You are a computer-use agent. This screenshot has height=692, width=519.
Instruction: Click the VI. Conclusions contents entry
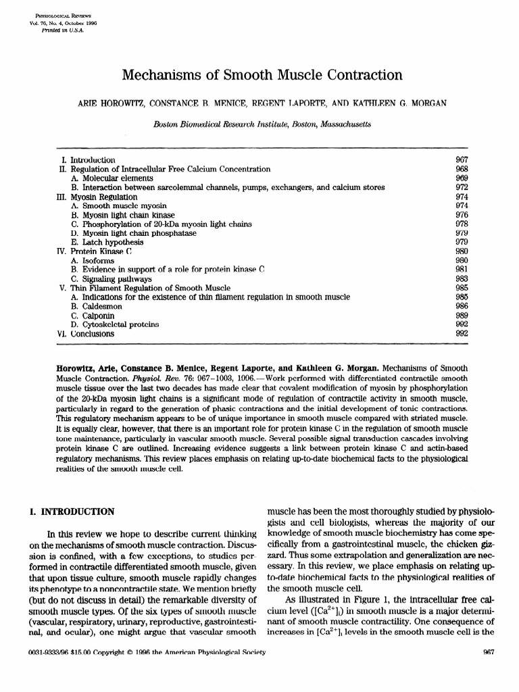click(x=85, y=334)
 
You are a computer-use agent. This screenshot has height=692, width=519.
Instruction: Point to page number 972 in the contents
click(x=462, y=187)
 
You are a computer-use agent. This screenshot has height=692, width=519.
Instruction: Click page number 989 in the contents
click(x=462, y=316)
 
